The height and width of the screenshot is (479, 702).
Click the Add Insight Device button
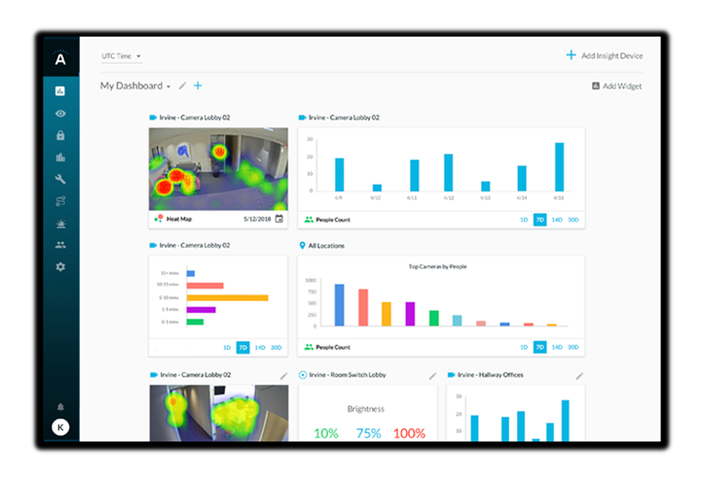tap(604, 55)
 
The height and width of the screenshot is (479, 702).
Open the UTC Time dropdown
tap(121, 56)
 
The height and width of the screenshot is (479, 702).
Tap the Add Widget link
tap(616, 86)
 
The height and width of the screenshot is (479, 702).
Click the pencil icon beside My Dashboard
tap(183, 86)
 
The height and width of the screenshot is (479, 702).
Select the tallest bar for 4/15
tap(559, 166)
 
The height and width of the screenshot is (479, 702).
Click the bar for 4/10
tap(377, 188)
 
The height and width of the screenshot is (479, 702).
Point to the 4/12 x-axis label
tap(449, 198)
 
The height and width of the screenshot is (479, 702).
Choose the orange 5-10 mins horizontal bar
tap(227, 298)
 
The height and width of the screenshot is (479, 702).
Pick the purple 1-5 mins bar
tap(201, 310)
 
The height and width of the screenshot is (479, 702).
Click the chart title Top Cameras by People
tap(437, 267)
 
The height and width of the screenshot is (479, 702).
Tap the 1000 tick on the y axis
tap(311, 280)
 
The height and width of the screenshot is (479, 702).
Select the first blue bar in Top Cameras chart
tap(340, 305)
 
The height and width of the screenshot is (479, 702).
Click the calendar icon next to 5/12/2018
tap(279, 219)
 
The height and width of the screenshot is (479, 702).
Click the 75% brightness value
tap(369, 433)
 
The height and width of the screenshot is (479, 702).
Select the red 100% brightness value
tap(409, 433)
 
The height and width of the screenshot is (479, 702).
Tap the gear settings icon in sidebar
tap(60, 267)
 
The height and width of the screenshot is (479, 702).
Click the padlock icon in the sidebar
tap(60, 136)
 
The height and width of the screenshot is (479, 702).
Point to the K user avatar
tap(60, 427)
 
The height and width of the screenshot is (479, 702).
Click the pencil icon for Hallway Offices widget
tap(579, 376)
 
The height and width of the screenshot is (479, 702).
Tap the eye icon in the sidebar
tap(60, 113)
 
